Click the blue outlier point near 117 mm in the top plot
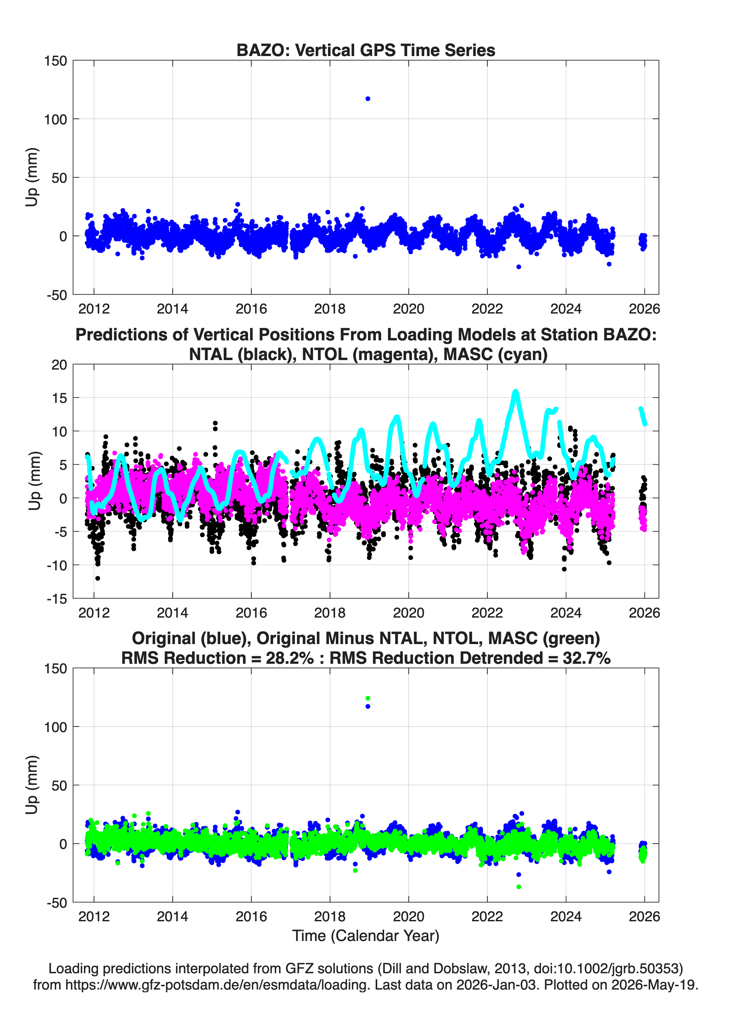tap(368, 99)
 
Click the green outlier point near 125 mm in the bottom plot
tap(368, 698)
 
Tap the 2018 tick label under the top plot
tap(330, 309)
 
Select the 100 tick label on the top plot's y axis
tap(55, 119)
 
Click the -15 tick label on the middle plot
tap(57, 599)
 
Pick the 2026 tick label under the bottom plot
tap(644, 917)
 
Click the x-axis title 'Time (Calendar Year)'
tap(366, 936)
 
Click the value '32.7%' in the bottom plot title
tap(587, 658)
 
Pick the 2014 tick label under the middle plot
tap(173, 613)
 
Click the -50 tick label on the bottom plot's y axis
tap(57, 903)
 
